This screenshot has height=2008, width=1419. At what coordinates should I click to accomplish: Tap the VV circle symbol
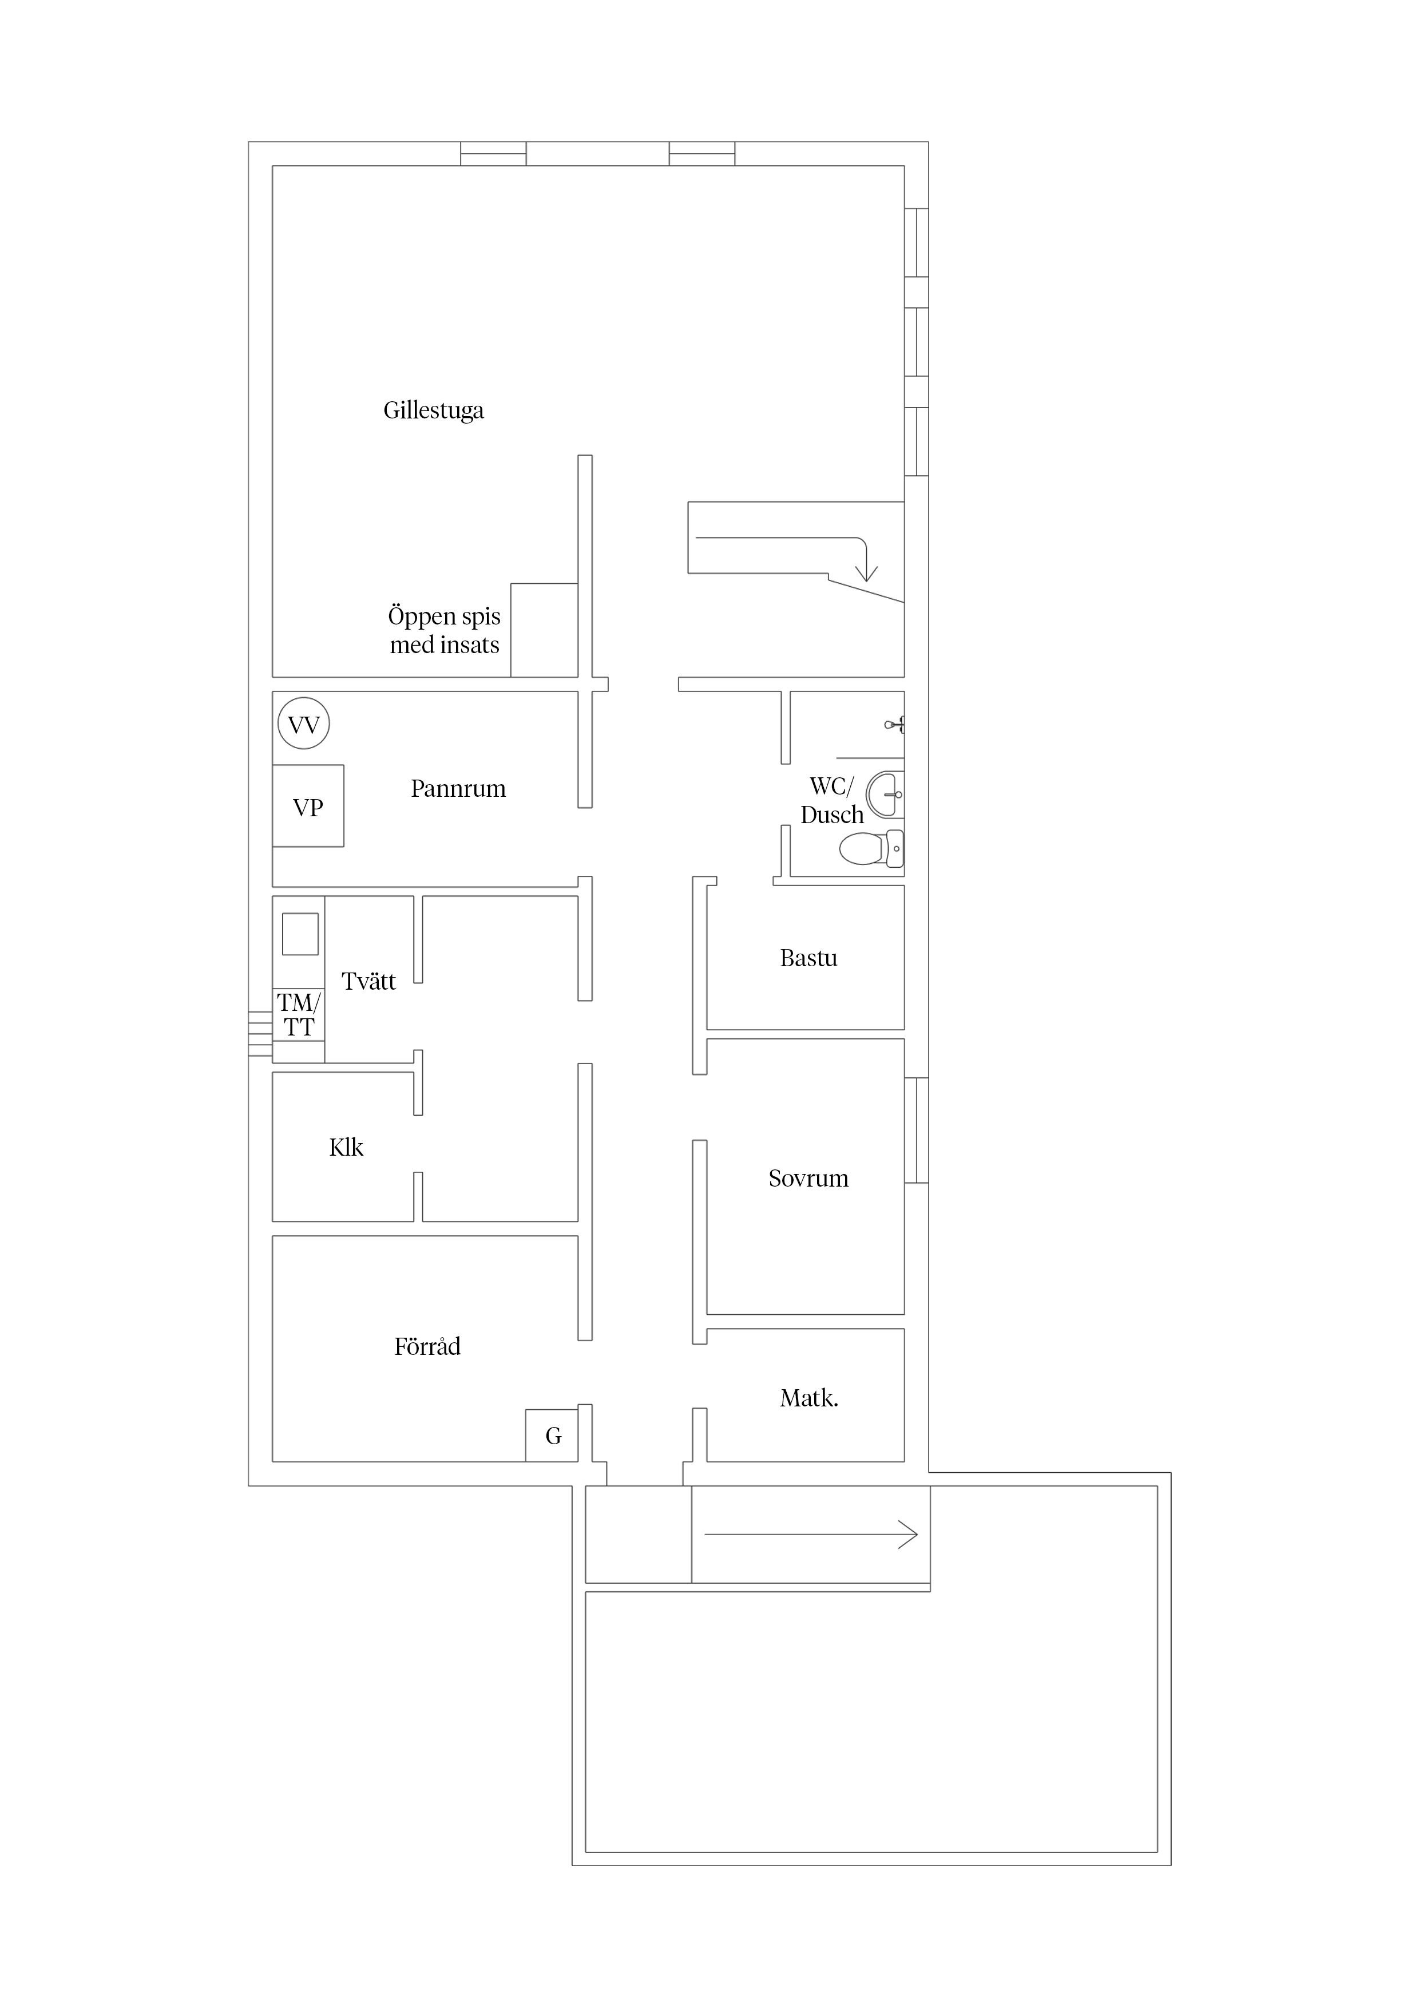(x=303, y=724)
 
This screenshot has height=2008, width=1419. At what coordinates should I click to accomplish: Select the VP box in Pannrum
(x=308, y=807)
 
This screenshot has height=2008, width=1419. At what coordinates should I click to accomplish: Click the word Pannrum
(x=458, y=789)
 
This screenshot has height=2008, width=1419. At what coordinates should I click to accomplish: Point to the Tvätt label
(x=368, y=981)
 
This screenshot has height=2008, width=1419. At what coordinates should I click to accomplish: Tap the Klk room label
(x=346, y=1148)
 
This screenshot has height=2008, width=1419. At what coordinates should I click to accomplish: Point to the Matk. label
(x=808, y=1398)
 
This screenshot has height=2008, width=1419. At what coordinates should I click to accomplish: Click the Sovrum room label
(x=808, y=1179)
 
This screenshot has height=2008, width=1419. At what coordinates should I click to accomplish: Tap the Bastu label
(x=808, y=959)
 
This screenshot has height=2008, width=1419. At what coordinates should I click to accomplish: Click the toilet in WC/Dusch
(x=870, y=848)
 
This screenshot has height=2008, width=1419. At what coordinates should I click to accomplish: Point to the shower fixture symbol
(x=894, y=724)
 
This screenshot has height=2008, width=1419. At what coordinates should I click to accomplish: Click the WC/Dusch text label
(x=831, y=800)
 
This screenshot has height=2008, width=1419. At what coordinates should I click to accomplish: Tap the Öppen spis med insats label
(x=444, y=631)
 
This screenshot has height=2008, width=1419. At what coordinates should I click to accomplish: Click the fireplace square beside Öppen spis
(x=544, y=630)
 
